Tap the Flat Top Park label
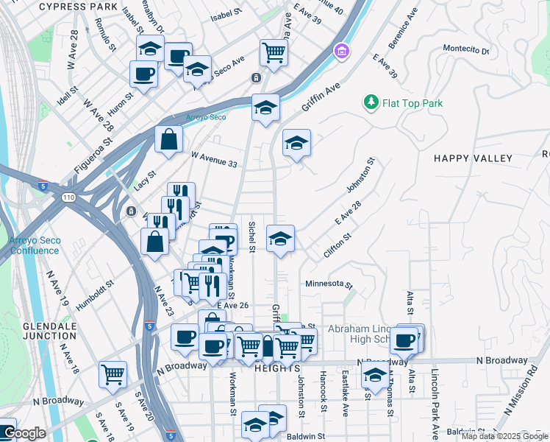point(413,103)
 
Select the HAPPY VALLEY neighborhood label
point(473,158)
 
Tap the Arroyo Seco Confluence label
point(34,245)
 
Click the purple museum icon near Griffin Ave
point(341,52)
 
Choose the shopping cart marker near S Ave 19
point(113,373)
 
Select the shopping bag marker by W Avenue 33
point(168,138)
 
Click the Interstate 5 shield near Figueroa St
point(43,186)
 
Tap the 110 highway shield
point(68,198)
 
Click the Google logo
point(24,433)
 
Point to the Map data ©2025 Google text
point(505,437)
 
